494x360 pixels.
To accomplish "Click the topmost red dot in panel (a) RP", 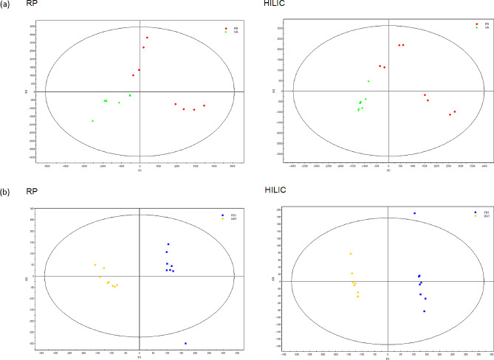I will point(147,38).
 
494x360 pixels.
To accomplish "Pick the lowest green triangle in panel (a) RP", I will point(93,121).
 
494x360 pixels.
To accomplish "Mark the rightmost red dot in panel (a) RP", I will point(205,105).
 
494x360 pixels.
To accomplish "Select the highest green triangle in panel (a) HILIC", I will point(368,81).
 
